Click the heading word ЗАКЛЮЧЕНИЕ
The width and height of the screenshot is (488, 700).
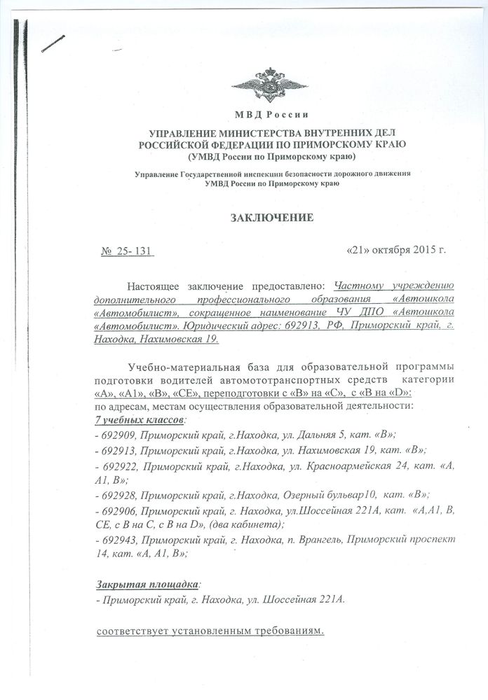click(x=270, y=218)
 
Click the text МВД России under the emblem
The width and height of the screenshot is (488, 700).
click(x=269, y=115)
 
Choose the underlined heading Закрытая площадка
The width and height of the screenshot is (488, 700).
click(x=147, y=584)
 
